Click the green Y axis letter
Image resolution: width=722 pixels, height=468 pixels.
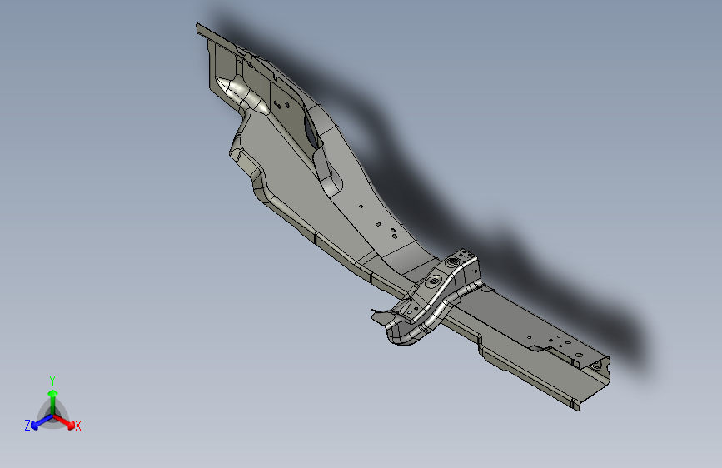pyautogui.click(x=52, y=380)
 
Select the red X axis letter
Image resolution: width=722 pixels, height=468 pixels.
pyautogui.click(x=78, y=426)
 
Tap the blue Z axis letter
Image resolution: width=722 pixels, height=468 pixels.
pyautogui.click(x=27, y=426)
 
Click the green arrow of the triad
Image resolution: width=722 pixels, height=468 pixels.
pyautogui.click(x=52, y=394)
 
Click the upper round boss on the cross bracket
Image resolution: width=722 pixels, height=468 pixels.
pyautogui.click(x=452, y=263)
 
